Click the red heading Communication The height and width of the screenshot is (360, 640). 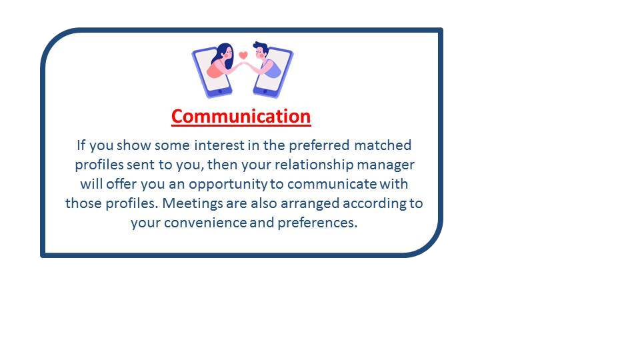[241, 117]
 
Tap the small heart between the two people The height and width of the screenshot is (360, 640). [243, 55]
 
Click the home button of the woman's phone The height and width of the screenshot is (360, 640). [221, 91]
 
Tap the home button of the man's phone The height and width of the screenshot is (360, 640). [265, 91]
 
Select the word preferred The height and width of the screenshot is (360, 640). [319, 146]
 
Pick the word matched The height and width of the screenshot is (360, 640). [383, 145]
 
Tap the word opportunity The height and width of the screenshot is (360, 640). [228, 185]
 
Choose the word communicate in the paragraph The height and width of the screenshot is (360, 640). [332, 184]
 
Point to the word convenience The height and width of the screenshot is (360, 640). [205, 223]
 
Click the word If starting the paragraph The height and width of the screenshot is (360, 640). [81, 145]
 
